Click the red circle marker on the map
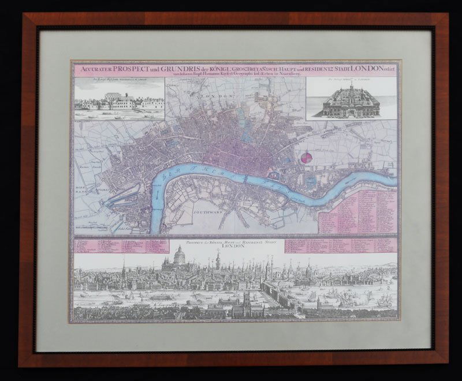coord(307,157)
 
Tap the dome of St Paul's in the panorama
coord(179,254)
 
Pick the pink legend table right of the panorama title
coord(341,245)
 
